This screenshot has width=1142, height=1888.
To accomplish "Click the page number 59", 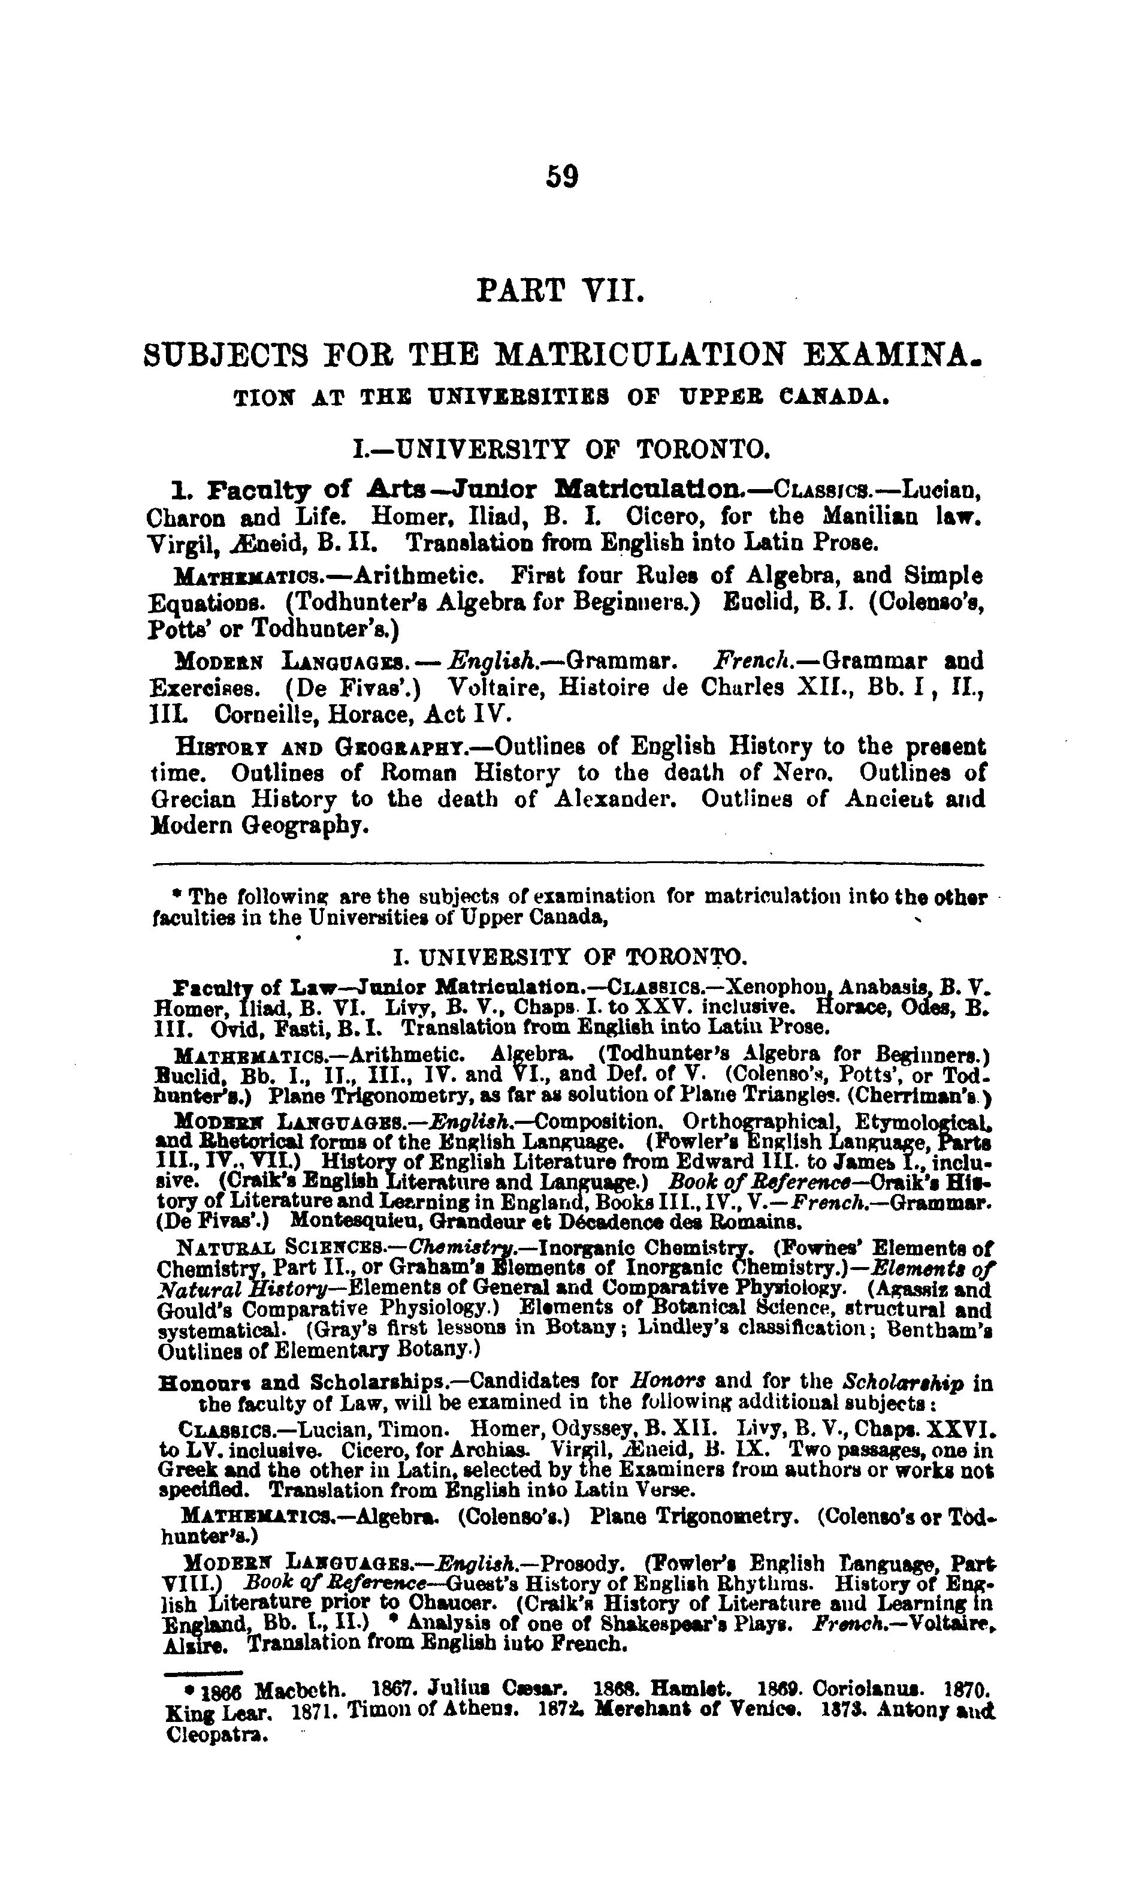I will coord(561,177).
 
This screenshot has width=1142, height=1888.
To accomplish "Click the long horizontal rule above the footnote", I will coord(569,865).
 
